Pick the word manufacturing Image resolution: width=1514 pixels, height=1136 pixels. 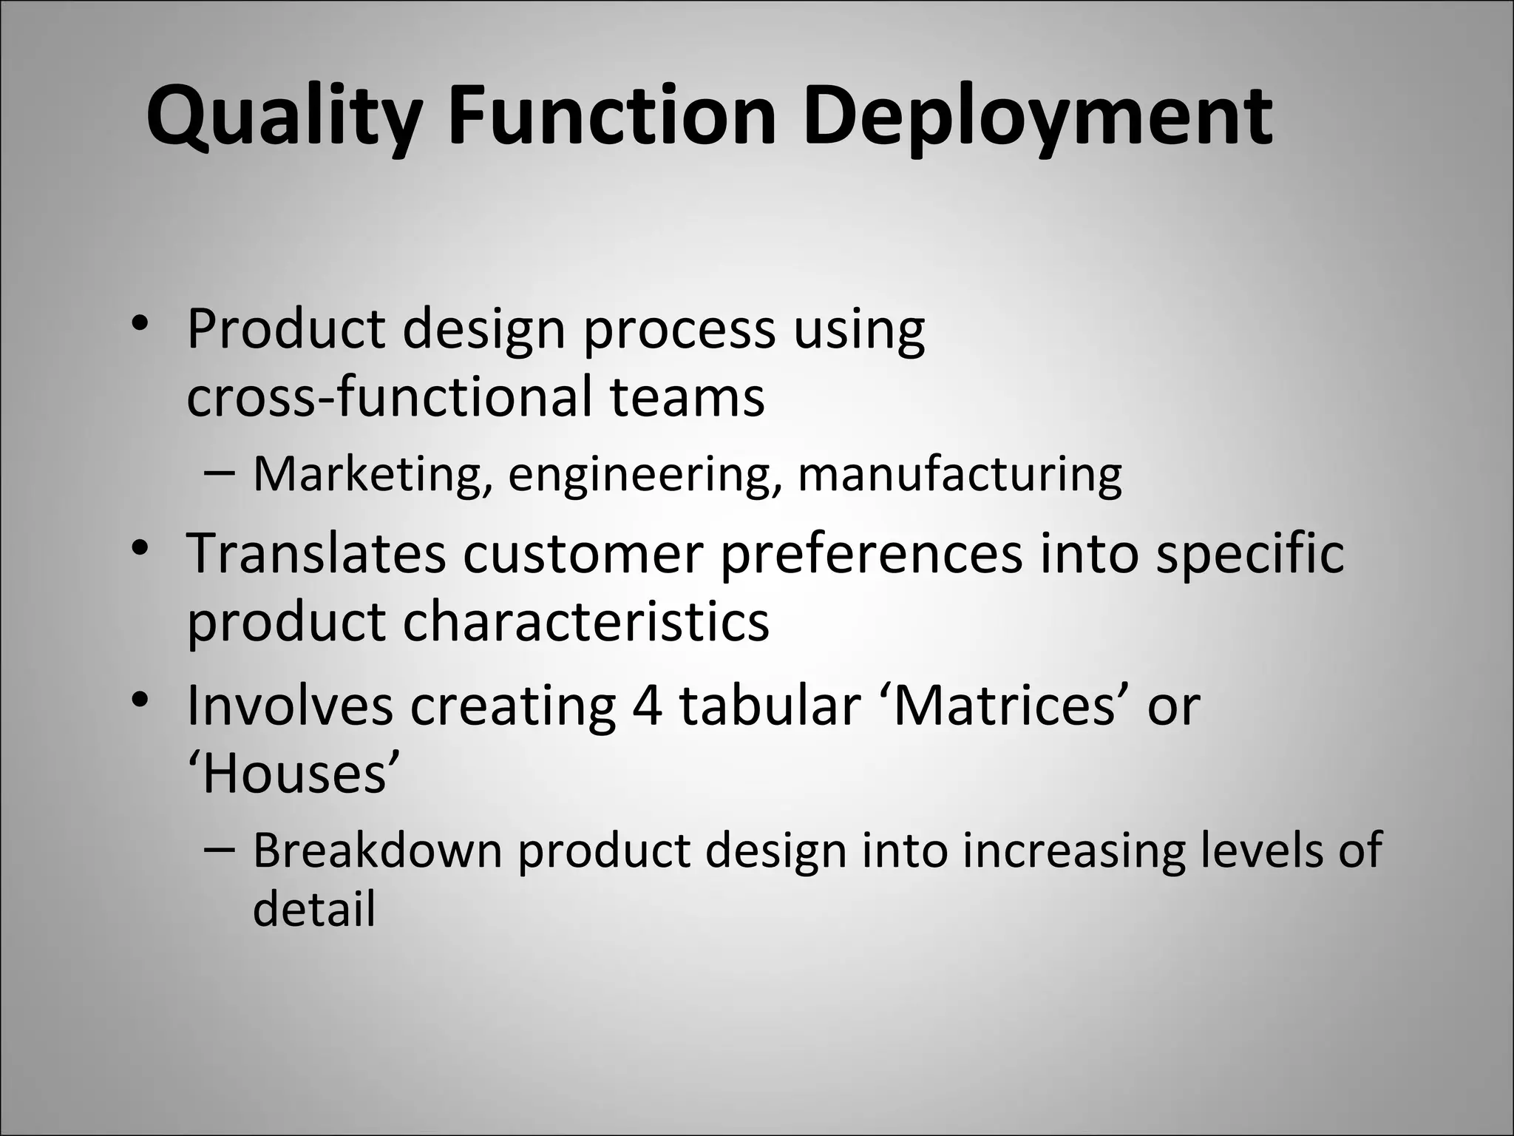click(x=960, y=474)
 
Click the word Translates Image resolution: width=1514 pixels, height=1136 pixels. click(x=316, y=553)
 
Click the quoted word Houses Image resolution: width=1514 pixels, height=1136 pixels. click(x=293, y=774)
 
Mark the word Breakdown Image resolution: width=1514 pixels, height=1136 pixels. click(x=377, y=850)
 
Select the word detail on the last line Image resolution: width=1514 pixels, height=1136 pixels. click(x=314, y=909)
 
